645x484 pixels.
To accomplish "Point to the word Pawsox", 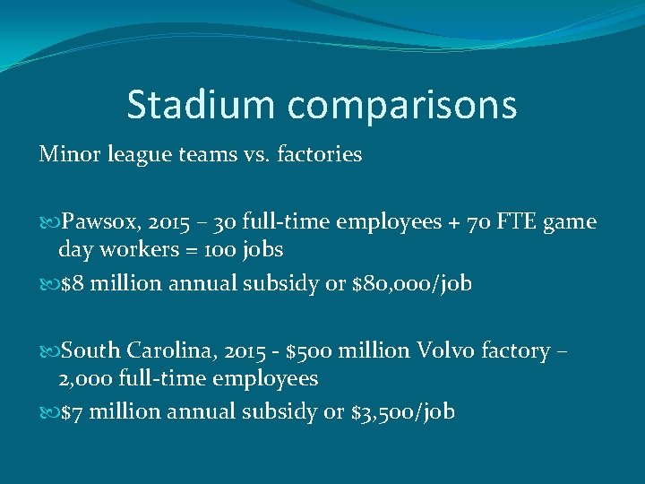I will pos(96,222).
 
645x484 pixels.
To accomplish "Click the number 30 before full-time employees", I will pos(248,222).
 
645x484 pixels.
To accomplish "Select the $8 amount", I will pos(70,284).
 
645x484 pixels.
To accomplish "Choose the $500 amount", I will pos(309,350).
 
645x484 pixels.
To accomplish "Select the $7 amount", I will pos(70,412).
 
